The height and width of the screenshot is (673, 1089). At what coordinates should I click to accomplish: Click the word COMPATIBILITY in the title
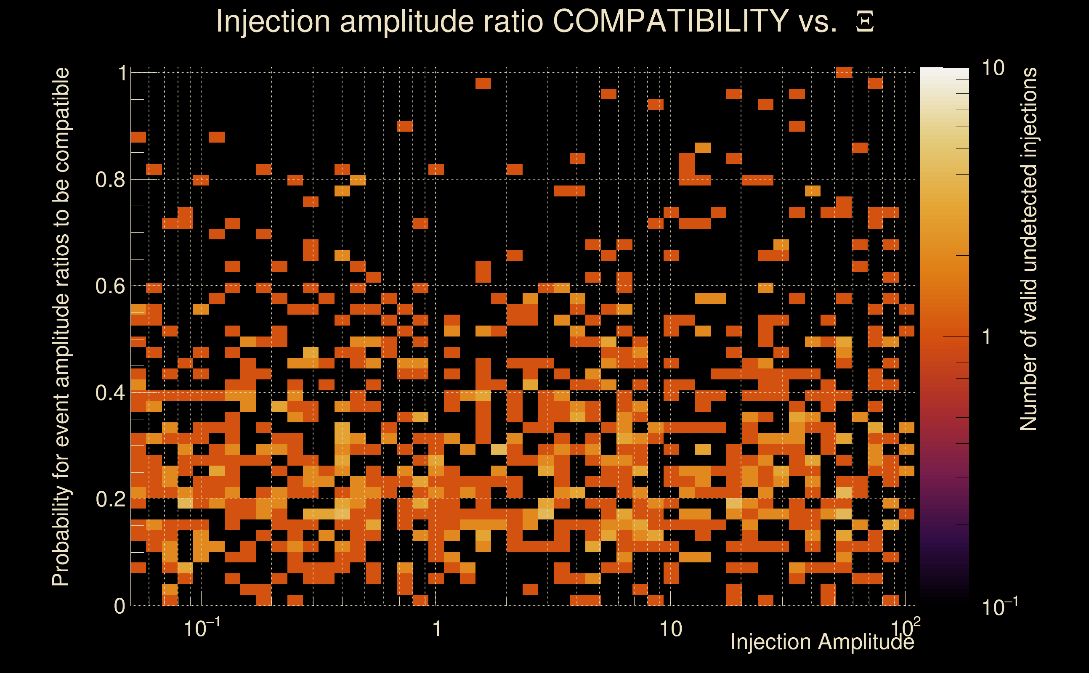(670, 21)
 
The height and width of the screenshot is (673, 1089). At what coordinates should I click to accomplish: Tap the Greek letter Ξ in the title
(865, 22)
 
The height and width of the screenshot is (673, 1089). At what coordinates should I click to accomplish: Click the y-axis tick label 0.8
(110, 180)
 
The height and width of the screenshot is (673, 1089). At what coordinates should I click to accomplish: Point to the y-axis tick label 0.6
(110, 286)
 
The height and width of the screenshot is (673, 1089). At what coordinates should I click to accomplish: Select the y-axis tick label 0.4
(110, 393)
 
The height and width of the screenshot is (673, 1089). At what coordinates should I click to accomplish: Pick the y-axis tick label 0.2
(110, 499)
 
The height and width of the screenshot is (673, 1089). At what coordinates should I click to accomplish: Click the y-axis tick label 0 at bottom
(120, 606)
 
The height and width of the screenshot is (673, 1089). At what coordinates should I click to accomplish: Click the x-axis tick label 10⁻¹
(201, 628)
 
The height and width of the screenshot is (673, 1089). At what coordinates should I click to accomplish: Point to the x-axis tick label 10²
(905, 628)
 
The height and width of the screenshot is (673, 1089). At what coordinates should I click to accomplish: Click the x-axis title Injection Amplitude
(822, 642)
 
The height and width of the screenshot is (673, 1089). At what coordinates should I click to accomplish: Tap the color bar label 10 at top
(993, 69)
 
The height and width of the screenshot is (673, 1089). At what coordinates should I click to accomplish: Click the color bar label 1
(987, 337)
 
